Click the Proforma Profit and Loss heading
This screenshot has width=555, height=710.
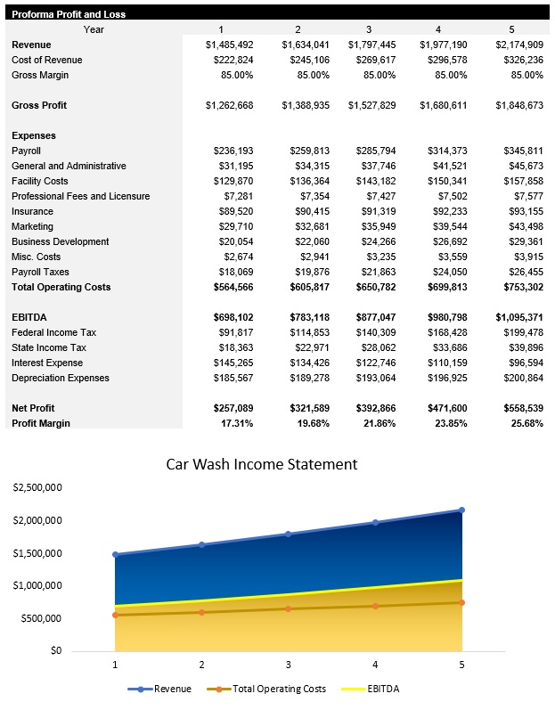point(69,14)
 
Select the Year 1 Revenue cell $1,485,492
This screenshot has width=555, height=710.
point(229,45)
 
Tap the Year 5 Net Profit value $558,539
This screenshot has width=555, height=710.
point(518,408)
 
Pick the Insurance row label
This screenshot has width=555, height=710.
point(32,211)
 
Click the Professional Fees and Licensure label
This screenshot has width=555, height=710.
point(80,196)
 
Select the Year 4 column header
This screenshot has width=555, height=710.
point(438,29)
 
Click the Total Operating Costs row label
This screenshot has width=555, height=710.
point(61,287)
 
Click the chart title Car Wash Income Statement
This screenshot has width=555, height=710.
point(262,464)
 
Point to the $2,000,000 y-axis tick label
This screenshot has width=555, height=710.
point(37,520)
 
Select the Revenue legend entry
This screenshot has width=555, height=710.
point(166,689)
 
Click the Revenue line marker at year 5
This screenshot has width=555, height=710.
point(461,510)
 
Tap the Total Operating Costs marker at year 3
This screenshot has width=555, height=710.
point(288,608)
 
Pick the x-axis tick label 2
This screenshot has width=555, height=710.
point(201,664)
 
